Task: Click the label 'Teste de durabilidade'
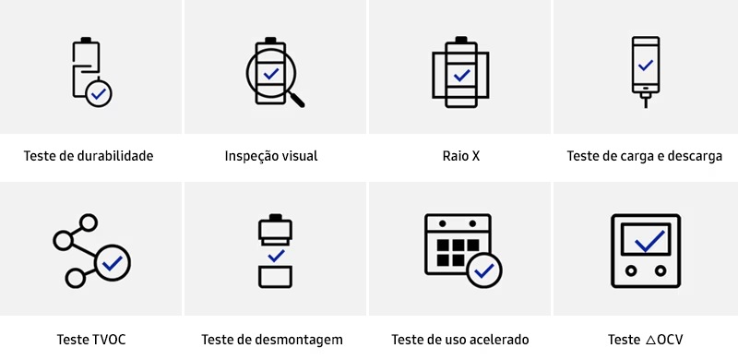pos(89,156)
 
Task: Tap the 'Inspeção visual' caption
pos(271,156)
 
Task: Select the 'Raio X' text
pos(461,156)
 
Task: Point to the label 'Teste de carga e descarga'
pos(645,156)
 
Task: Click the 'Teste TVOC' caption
pos(91,340)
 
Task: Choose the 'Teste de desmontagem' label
pos(272,340)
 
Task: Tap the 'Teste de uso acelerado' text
pos(460,340)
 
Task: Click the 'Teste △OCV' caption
pos(646,340)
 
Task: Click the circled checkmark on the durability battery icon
pos(98,92)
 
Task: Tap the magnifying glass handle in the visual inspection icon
pos(297,97)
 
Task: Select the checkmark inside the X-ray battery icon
pos(461,74)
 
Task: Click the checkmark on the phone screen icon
pos(646,66)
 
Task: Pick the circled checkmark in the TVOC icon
pos(113,263)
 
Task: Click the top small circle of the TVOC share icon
pos(89,223)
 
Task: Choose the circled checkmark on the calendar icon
pos(484,271)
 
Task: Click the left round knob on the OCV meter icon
pos(631,271)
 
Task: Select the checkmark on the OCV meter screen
pos(649,242)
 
